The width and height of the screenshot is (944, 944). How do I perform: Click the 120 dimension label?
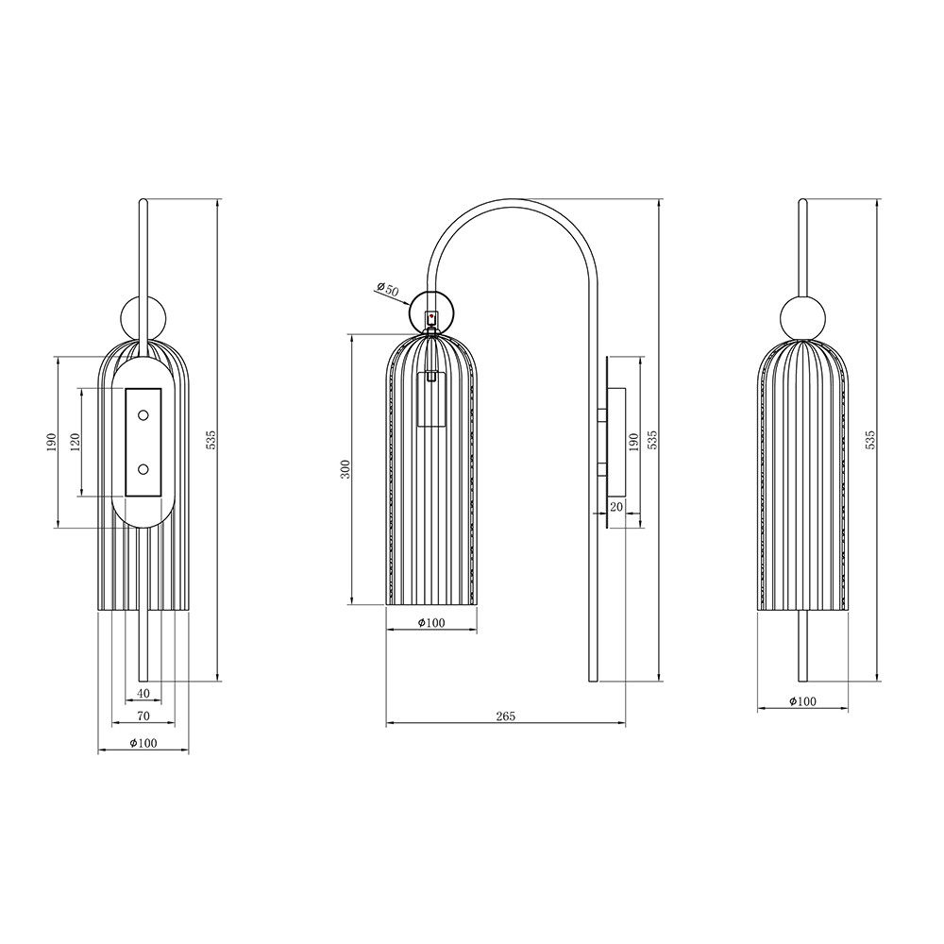click(75, 442)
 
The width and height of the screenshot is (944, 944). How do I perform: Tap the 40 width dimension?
click(143, 694)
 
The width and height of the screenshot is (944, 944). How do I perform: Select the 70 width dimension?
click(143, 716)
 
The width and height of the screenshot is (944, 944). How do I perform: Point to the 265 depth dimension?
click(506, 716)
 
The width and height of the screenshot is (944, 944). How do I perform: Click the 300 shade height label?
click(345, 468)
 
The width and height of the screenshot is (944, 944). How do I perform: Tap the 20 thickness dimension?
click(615, 507)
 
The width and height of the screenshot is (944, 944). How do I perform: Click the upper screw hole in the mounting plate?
click(143, 414)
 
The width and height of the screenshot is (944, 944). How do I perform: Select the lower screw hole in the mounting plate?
click(143, 469)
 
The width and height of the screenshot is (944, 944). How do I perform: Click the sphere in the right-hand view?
click(802, 316)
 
